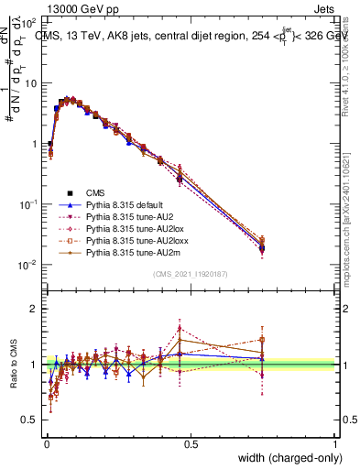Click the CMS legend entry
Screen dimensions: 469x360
[95, 192]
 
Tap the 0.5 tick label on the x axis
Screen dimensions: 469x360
[191, 444]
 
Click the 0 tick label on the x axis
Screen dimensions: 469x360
[46, 444]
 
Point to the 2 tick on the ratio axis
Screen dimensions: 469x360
[35, 308]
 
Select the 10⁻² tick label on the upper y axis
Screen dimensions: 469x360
[29, 265]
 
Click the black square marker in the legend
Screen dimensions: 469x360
[70, 192]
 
